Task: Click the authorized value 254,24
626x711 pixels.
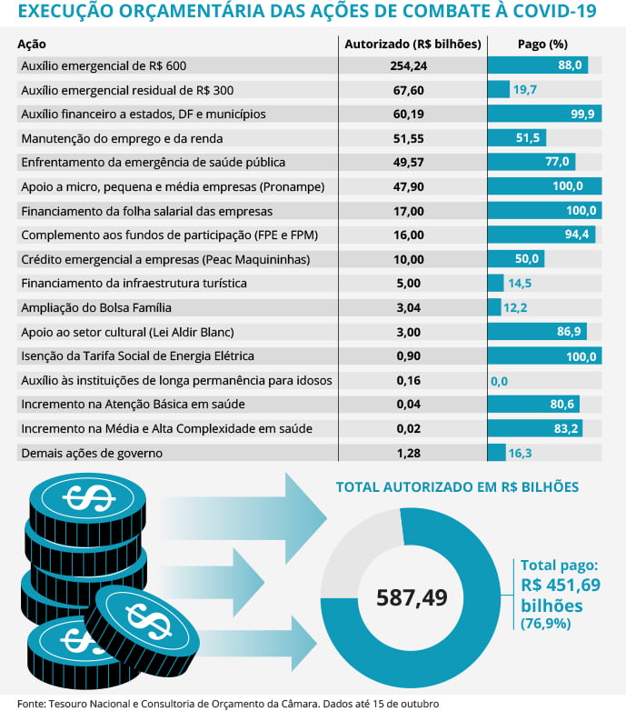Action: [413, 65]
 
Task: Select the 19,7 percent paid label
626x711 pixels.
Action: [525, 90]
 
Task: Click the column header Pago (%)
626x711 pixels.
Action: [542, 44]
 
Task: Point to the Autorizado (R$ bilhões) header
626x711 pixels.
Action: [412, 44]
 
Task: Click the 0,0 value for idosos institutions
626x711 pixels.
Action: [499, 380]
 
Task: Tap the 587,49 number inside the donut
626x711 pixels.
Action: [412, 597]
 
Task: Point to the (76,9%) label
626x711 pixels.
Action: [545, 624]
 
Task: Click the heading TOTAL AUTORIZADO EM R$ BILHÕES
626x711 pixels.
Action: [457, 487]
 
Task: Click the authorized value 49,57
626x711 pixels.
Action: [413, 162]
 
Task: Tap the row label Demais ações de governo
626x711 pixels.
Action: [91, 453]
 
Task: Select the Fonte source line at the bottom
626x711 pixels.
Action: [227, 703]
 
